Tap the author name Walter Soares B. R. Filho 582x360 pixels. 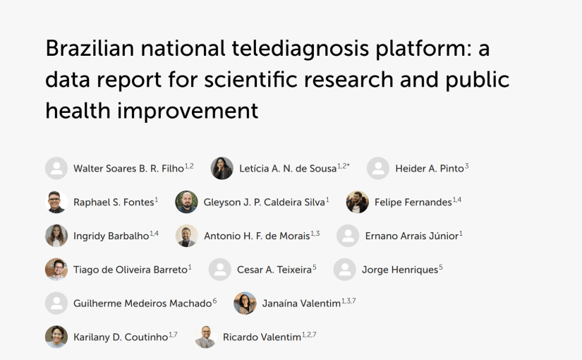pos(128,169)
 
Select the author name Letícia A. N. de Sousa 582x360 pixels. pos(288,169)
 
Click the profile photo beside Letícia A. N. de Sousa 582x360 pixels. pos(222,168)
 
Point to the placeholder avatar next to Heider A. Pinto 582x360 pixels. pos(378,168)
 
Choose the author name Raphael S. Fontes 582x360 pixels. pos(113,203)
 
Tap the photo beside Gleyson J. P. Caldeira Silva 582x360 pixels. pos(186,202)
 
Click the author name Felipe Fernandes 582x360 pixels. pos(413,203)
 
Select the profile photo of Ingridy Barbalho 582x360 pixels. pos(56,236)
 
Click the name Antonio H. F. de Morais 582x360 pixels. pos(257,236)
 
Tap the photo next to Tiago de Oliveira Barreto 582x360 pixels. pos(56,269)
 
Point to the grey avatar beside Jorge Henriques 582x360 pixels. pos(345,269)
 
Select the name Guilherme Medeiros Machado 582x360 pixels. pos(143,304)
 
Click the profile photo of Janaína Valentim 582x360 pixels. pos(245,303)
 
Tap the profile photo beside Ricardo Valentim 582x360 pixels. pos(205,337)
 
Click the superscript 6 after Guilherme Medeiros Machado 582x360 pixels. pos(214,301)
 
